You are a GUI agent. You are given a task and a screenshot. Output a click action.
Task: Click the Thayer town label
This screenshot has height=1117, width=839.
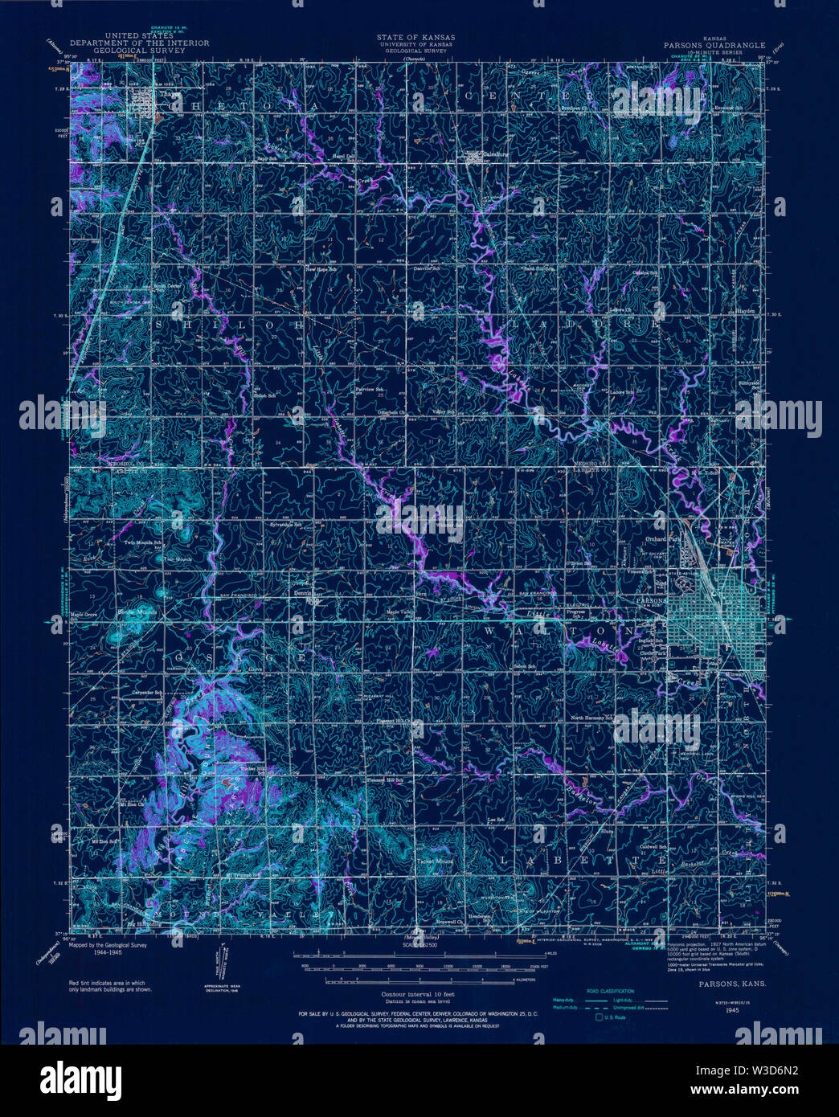click(167, 93)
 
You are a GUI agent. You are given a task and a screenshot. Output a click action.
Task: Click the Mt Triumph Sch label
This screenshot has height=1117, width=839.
click(244, 875)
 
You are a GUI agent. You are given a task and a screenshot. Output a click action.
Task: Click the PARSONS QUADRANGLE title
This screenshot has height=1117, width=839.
click(714, 46)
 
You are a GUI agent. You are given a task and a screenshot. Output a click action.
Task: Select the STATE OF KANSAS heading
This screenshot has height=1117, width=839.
click(415, 37)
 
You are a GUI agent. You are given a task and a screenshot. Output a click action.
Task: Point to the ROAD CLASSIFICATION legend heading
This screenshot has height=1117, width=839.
click(610, 991)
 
